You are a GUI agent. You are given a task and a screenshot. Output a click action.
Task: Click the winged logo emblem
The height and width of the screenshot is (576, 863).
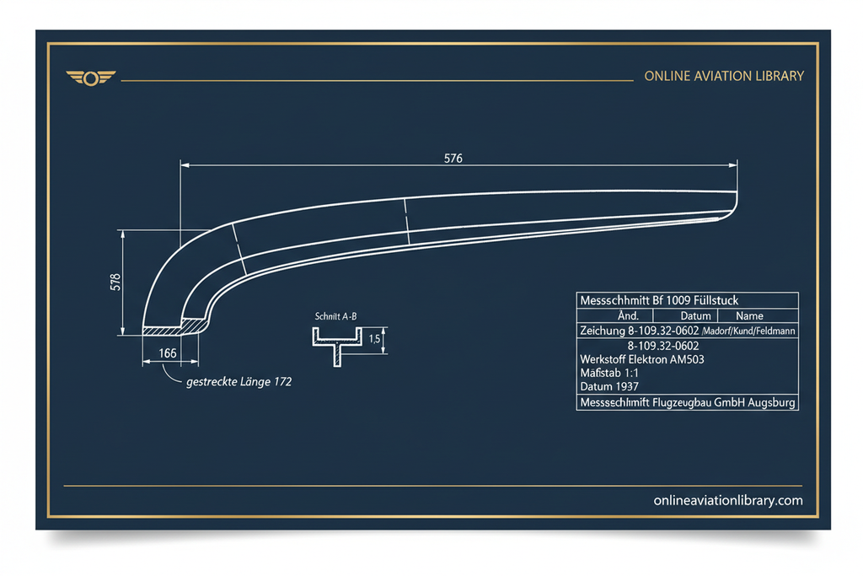(x=91, y=78)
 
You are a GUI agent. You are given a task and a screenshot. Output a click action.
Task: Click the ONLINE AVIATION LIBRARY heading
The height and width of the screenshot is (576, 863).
(x=724, y=76)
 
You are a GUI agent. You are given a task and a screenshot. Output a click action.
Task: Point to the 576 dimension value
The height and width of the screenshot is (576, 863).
(x=453, y=159)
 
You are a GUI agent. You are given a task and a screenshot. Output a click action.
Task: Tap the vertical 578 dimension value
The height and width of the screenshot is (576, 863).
(x=115, y=282)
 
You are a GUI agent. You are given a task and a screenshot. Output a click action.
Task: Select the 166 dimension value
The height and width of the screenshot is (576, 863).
(x=168, y=353)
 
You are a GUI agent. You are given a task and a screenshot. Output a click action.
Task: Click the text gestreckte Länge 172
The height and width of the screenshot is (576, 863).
(x=239, y=382)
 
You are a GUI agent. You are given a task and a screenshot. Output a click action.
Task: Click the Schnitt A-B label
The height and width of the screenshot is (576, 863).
(x=335, y=316)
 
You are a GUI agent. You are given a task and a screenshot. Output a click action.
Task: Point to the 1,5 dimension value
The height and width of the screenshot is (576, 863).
(x=374, y=339)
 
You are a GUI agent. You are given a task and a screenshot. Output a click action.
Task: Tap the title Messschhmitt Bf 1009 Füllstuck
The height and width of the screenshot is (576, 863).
(x=659, y=300)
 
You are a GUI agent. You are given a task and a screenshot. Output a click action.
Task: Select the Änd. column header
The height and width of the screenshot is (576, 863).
(x=628, y=315)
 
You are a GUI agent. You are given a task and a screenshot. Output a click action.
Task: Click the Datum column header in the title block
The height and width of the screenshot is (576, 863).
(x=695, y=316)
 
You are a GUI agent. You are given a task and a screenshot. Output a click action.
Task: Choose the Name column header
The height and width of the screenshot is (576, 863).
(x=749, y=316)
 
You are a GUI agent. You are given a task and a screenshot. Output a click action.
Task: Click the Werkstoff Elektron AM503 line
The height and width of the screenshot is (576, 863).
(x=641, y=359)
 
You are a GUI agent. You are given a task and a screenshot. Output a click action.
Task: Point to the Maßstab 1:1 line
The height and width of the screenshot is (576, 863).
(x=609, y=373)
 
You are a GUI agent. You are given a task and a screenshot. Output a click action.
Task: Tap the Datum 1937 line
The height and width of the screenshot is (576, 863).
(x=608, y=386)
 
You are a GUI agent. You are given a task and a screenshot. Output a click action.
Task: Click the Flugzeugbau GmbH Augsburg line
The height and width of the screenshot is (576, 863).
(x=688, y=402)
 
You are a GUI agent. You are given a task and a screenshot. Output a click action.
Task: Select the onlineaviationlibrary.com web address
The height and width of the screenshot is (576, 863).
(x=727, y=501)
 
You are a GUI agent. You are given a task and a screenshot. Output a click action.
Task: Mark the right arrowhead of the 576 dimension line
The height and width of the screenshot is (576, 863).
(x=733, y=164)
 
